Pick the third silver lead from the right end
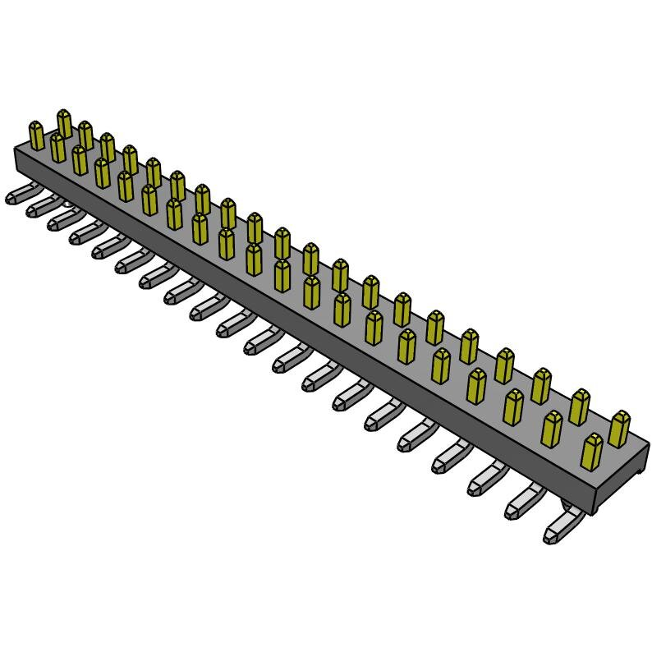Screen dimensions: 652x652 point(485,480)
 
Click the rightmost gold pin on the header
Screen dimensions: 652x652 point(619,429)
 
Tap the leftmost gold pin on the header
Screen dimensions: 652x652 point(36,135)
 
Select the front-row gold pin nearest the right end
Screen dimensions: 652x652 point(591,451)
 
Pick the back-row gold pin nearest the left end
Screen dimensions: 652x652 point(64,123)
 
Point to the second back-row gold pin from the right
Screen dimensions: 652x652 point(580,406)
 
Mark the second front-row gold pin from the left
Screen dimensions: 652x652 point(57,148)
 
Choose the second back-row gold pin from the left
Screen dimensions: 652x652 point(85,135)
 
